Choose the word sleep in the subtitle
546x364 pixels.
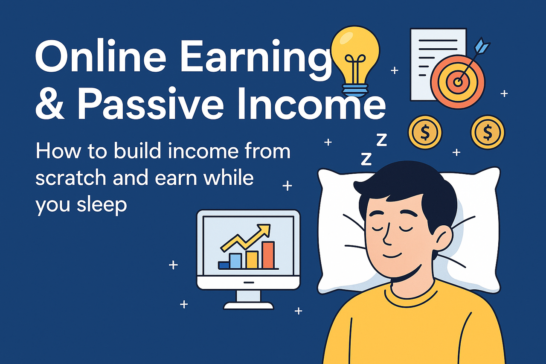point(102,205)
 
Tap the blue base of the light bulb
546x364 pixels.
point(355,90)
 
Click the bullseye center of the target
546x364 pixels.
point(458,82)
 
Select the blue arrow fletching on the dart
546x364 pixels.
point(482,46)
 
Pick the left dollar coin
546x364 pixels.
point(425,132)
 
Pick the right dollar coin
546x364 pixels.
point(488,132)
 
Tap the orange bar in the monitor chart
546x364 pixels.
point(268,255)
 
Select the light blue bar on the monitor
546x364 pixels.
point(235,261)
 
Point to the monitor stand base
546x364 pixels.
point(248,306)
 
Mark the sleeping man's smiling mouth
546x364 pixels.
point(392,256)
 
